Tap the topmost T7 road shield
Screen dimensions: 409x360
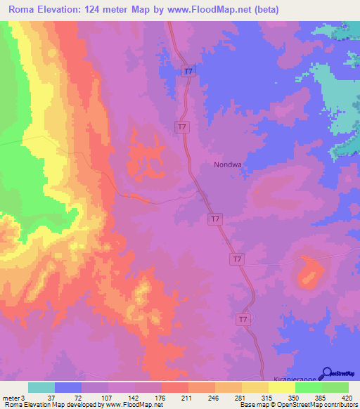click(x=188, y=71)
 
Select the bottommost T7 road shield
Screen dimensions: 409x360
click(x=243, y=319)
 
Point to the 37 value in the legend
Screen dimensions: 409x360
click(x=41, y=396)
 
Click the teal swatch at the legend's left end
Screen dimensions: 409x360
click(x=41, y=387)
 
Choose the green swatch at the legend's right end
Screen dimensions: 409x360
click(x=335, y=387)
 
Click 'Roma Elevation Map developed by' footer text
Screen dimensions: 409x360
click(x=53, y=405)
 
